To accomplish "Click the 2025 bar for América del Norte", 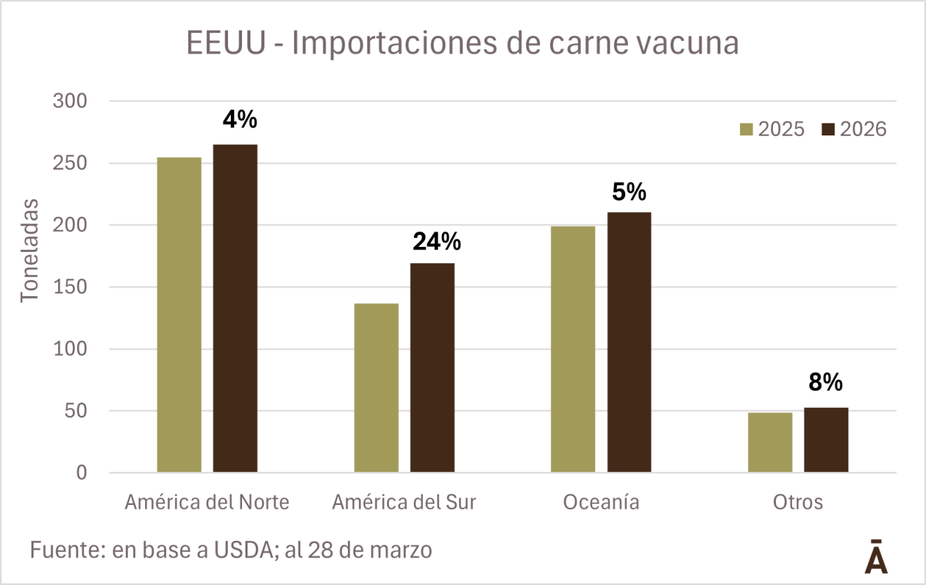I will [x=179, y=315].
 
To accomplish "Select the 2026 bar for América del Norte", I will [x=235, y=309].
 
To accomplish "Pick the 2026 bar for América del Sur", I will [x=432, y=368].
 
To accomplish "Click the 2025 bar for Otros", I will [x=770, y=443].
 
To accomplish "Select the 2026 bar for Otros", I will [x=826, y=440].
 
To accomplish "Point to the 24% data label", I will [x=436, y=242].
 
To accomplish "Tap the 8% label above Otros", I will [x=825, y=382].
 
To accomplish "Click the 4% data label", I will [x=240, y=120].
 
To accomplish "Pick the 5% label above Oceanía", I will [x=629, y=191].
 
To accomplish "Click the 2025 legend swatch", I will [x=746, y=130].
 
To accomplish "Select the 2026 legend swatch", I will [x=828, y=130].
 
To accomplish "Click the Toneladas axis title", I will [x=29, y=250].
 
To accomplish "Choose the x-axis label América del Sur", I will [x=403, y=503].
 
